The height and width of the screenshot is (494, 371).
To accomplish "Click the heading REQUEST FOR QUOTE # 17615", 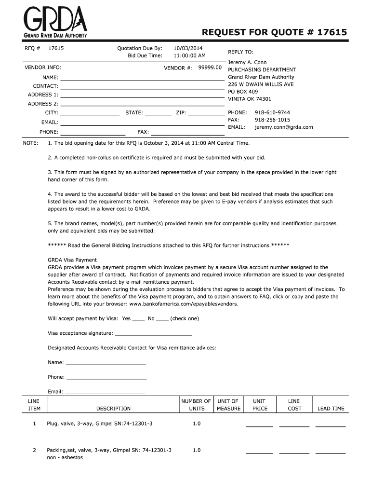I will [274, 32].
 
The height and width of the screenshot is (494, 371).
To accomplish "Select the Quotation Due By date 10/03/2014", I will [188, 48].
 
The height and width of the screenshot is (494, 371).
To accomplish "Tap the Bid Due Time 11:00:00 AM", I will [189, 55].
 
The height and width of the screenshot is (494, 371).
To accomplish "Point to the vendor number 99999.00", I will [210, 68].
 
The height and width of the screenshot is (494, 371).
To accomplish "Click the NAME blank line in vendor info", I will [142, 78].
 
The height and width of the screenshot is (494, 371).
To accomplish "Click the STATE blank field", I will [158, 114].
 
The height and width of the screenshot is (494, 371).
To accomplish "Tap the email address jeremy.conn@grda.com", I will [284, 127].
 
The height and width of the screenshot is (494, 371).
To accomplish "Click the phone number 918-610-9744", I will [272, 112].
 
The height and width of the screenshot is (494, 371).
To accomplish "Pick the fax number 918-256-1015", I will [272, 120].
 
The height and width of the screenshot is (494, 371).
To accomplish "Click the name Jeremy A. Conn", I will [247, 62].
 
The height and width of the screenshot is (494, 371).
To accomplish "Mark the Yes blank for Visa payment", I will [138, 319].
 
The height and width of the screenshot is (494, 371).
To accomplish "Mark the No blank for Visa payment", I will [162, 319].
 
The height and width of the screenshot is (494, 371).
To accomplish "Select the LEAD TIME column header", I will [331, 409].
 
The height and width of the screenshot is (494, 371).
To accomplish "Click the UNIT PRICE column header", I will [260, 405].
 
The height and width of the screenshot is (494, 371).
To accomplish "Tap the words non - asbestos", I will [65, 457].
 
